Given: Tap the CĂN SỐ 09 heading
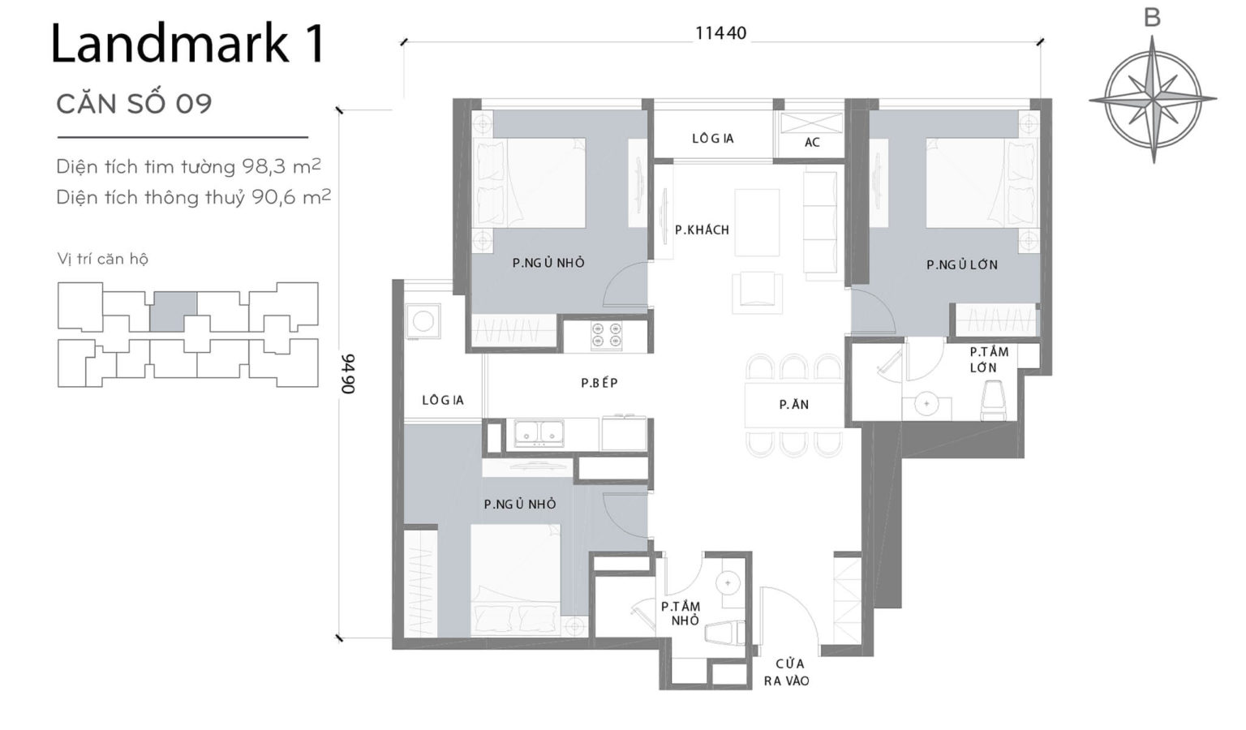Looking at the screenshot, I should point(134,104).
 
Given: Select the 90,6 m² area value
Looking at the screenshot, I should point(290,197).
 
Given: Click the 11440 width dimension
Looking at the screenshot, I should point(720,33).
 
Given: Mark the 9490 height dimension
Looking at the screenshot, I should point(347,374).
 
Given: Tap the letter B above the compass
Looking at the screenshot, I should point(1152,18).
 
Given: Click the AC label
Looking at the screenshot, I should point(812,142).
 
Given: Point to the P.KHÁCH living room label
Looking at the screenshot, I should point(702,230).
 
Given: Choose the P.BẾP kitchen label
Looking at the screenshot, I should point(599,383).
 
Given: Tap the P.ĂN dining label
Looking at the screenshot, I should point(793,405).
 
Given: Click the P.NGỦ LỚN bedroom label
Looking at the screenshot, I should point(962,264).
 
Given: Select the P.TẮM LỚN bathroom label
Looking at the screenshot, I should point(988,359).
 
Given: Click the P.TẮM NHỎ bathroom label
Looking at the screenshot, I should point(680,613).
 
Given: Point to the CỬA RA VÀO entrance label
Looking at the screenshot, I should point(787,672).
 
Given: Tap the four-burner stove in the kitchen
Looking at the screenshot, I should point(607,336).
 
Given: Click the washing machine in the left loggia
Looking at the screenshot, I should point(423,321).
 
